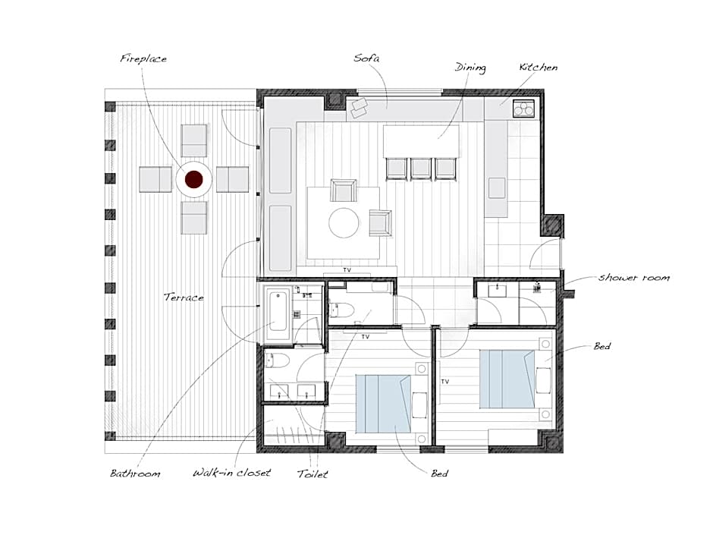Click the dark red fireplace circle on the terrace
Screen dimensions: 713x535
pyautogui.click(x=193, y=179)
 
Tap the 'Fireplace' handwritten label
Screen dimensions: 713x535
pyautogui.click(x=143, y=58)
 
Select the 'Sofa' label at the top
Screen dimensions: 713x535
pyautogui.click(x=366, y=58)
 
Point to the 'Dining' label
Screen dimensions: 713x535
pyautogui.click(x=470, y=68)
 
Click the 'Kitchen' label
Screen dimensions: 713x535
pyautogui.click(x=539, y=68)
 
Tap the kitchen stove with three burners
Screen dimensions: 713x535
pyautogui.click(x=524, y=109)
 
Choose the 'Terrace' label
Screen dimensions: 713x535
pyautogui.click(x=184, y=297)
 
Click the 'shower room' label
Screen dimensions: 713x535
pyautogui.click(x=634, y=278)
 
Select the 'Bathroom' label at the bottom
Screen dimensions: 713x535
pyautogui.click(x=135, y=474)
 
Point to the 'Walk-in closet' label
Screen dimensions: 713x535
pyautogui.click(x=232, y=473)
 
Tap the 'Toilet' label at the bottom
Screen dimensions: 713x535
pyautogui.click(x=313, y=474)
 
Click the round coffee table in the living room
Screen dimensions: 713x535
pyautogui.click(x=344, y=223)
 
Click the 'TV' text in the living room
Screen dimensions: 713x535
pyautogui.click(x=347, y=270)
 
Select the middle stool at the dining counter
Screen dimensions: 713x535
pyautogui.click(x=421, y=168)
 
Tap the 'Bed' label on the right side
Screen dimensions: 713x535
pyautogui.click(x=602, y=347)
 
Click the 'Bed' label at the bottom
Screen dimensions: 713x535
pyautogui.click(x=440, y=474)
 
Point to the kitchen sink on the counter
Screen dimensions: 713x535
pyautogui.click(x=497, y=188)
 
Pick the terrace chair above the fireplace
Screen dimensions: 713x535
pyautogui.click(x=194, y=140)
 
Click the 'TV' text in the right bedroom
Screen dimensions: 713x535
pyautogui.click(x=444, y=381)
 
